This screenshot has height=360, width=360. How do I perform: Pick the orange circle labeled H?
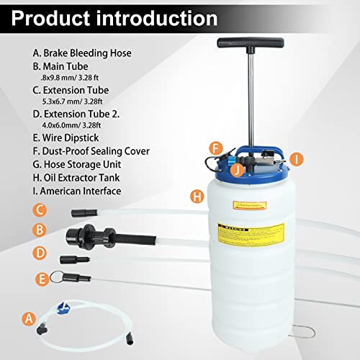[x=196, y=195]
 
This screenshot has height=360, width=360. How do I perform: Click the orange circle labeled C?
[x=40, y=211]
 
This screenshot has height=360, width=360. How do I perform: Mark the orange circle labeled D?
[x=40, y=254]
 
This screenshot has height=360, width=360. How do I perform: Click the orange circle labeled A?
[x=29, y=318]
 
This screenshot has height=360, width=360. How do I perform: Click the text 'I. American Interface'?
[x=78, y=192]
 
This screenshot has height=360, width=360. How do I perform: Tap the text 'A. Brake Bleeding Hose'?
[x=83, y=53]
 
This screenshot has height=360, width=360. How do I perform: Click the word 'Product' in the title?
[x=51, y=17]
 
